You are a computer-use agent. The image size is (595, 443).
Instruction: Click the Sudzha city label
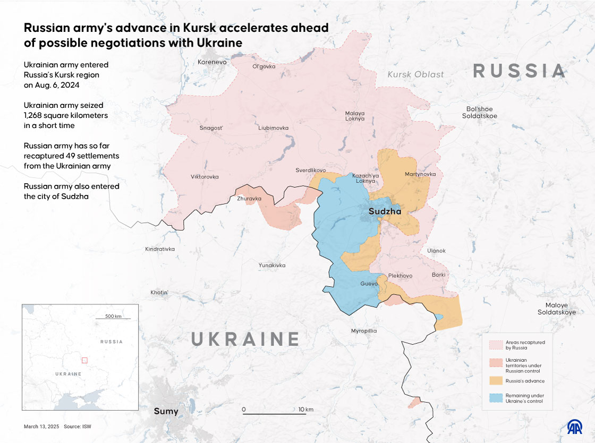[x=385, y=212]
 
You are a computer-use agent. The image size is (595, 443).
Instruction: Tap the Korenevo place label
[x=212, y=62]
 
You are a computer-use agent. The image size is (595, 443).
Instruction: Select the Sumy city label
[x=166, y=411]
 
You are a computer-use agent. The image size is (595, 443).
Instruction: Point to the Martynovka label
[x=420, y=174]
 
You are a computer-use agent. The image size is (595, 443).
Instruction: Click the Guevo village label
[x=369, y=284]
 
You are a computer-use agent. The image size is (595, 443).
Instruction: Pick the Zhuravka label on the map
[x=249, y=199]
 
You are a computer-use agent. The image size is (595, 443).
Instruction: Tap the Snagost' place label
[x=211, y=128]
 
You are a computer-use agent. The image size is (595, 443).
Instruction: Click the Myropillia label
[x=364, y=331]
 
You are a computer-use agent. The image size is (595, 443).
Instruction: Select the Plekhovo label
[x=400, y=276]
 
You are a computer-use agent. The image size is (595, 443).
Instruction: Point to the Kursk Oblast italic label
[x=415, y=74]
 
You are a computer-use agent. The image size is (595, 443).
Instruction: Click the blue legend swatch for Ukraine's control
[x=495, y=398]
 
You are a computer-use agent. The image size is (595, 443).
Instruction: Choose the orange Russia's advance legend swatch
[x=495, y=381]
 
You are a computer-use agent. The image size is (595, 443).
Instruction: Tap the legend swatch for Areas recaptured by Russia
[x=495, y=345]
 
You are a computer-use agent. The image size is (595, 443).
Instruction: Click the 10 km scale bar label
[x=305, y=410]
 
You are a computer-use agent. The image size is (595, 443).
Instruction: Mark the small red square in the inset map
[x=84, y=360]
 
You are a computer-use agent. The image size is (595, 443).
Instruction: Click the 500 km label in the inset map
[x=113, y=316]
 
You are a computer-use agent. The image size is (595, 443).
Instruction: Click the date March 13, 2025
[x=41, y=427]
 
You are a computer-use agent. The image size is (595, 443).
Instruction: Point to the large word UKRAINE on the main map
[x=245, y=339]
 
